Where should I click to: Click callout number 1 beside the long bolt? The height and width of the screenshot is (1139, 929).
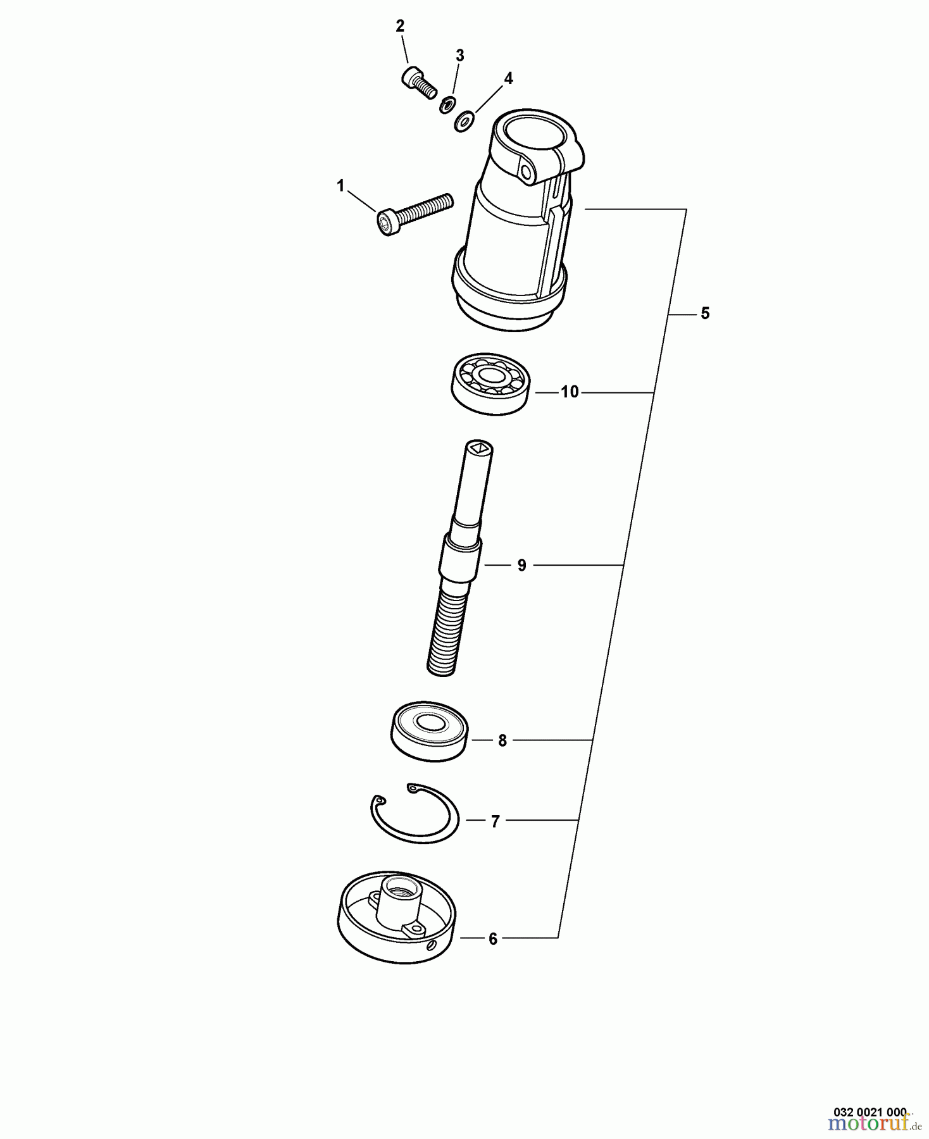tap(340, 186)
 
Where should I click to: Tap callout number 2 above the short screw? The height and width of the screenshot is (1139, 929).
tap(400, 27)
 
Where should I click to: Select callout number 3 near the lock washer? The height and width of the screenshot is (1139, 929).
tap(460, 56)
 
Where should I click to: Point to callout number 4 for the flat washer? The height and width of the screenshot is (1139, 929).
tap(508, 78)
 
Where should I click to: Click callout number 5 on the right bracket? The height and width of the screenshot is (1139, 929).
tap(706, 313)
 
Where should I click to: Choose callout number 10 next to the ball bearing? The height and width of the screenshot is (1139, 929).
tap(570, 392)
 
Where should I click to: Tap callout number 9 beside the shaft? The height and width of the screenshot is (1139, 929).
tap(521, 565)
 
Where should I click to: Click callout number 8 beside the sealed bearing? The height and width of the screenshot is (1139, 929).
tap(502, 740)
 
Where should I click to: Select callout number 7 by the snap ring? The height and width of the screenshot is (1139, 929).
tap(495, 821)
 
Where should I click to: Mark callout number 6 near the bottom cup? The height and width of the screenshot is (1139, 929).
tap(493, 939)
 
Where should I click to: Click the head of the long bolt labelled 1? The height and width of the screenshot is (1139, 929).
tap(387, 223)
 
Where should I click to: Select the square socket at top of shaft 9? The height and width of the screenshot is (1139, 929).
tap(479, 449)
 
